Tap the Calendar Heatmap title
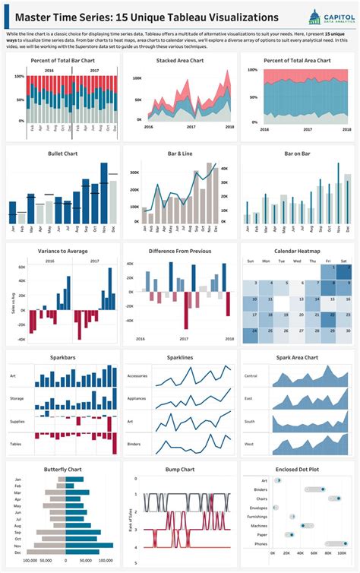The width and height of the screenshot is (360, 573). [296, 251]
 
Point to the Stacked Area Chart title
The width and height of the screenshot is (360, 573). [179, 60]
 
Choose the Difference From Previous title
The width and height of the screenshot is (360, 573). [179, 251]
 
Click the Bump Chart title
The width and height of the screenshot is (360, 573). [179, 469]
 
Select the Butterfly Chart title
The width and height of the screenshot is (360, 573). [62, 469]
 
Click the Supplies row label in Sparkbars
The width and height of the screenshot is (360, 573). [17, 421]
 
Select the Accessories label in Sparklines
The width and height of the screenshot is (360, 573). [137, 375]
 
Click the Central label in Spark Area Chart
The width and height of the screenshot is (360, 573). [251, 375]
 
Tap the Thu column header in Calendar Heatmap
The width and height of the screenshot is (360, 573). [312, 261]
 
